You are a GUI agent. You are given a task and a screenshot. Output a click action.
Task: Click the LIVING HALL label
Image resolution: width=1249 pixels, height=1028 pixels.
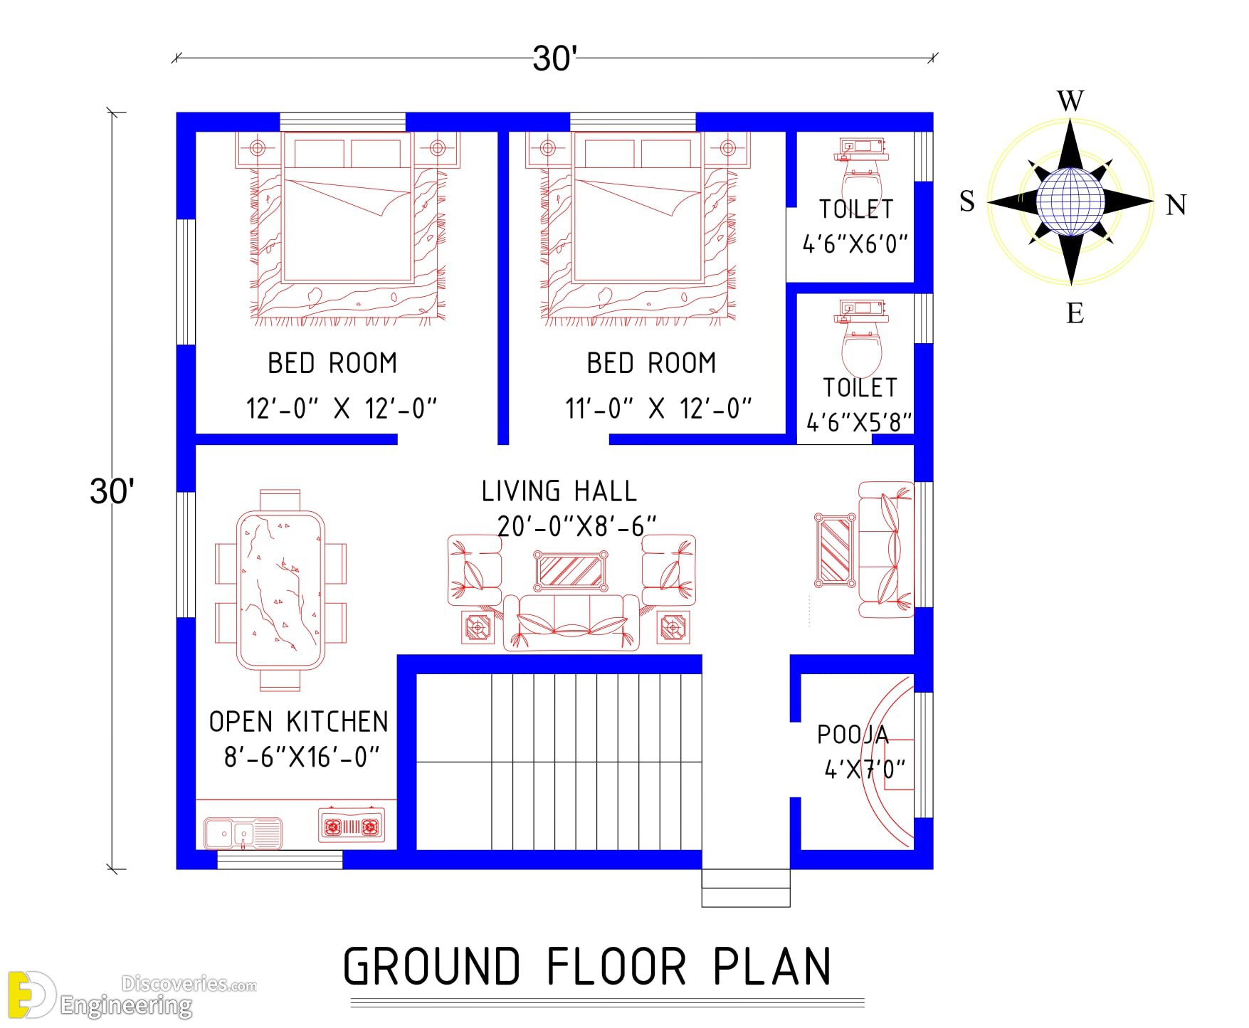point(559,491)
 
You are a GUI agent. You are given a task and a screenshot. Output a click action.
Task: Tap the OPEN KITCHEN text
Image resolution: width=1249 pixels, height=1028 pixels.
point(299,722)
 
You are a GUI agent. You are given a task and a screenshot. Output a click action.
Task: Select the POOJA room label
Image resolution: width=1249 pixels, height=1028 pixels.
point(853,735)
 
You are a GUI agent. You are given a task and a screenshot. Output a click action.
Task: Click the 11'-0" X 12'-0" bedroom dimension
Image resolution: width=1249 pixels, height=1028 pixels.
point(658,409)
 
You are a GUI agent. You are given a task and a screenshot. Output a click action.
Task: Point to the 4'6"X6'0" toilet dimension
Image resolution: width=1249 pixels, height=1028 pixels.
point(855,244)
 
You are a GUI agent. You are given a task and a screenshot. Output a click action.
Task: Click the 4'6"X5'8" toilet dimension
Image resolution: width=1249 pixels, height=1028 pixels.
point(859,423)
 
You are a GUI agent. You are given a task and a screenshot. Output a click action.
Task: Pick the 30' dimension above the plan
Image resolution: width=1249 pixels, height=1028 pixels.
point(554,58)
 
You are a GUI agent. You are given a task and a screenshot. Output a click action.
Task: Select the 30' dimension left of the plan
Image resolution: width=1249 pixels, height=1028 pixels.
point(112,491)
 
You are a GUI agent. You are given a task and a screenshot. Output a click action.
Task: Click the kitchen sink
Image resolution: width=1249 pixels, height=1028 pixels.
point(243,833)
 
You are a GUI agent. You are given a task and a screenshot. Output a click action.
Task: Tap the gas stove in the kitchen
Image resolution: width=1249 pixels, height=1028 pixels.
point(352,826)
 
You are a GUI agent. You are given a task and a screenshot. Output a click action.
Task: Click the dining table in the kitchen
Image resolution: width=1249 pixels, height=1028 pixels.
point(280,590)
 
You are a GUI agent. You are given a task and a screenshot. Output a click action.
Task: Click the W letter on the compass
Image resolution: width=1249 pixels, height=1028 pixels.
point(1070,101)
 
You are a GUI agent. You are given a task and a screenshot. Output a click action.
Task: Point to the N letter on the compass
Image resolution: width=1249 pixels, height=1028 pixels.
point(1176,205)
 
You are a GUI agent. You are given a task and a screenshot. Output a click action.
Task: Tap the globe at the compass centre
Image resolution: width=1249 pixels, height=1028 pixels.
point(1070,201)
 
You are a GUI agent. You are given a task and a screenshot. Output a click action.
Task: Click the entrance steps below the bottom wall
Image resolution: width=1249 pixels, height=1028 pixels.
point(746,888)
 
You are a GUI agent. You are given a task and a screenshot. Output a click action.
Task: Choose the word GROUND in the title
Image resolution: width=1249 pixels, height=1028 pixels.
point(431,966)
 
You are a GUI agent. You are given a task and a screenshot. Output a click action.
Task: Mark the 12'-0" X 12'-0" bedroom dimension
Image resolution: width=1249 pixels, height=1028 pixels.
point(342,409)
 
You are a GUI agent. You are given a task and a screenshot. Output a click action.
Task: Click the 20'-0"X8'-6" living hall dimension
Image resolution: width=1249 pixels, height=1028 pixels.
point(576,527)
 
